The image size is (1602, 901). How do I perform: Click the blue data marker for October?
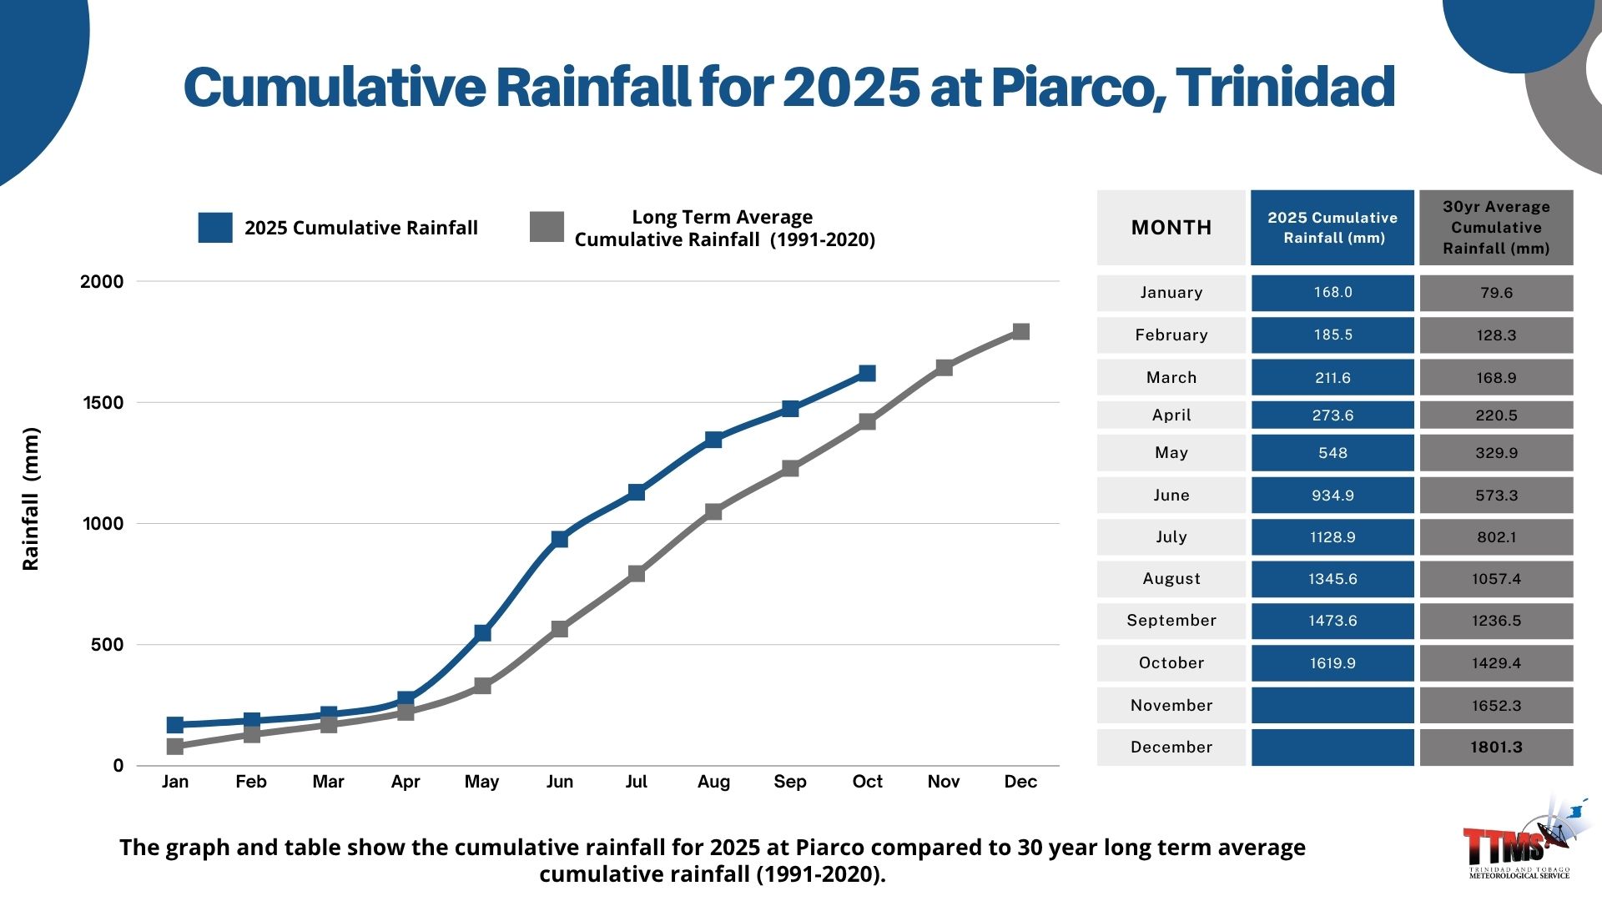pos(867,373)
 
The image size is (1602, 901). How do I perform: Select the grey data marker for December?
pos(1020,331)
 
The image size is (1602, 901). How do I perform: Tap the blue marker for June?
pos(559,539)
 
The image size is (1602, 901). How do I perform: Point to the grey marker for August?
pos(713,511)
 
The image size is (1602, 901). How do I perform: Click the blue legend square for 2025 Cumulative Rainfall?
pos(214,228)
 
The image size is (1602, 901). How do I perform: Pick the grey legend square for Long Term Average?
pos(547,227)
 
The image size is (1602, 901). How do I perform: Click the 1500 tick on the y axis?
pos(103,403)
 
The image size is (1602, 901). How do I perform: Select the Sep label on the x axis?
pos(789,782)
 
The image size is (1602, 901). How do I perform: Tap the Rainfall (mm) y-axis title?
pos(31,498)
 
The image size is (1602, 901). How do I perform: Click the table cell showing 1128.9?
pos(1332,537)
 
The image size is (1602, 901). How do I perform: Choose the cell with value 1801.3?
pos(1496,747)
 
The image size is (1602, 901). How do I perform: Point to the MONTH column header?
pos(1171,228)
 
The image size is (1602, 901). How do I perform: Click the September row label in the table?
pos(1171,621)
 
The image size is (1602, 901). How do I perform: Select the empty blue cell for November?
pos(1332,706)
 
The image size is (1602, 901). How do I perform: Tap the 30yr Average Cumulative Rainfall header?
pos(1496,228)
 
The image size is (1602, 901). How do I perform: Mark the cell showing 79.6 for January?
pos(1496,293)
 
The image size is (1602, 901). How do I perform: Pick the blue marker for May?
pos(482,633)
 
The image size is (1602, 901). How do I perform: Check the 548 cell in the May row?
pos(1332,453)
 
